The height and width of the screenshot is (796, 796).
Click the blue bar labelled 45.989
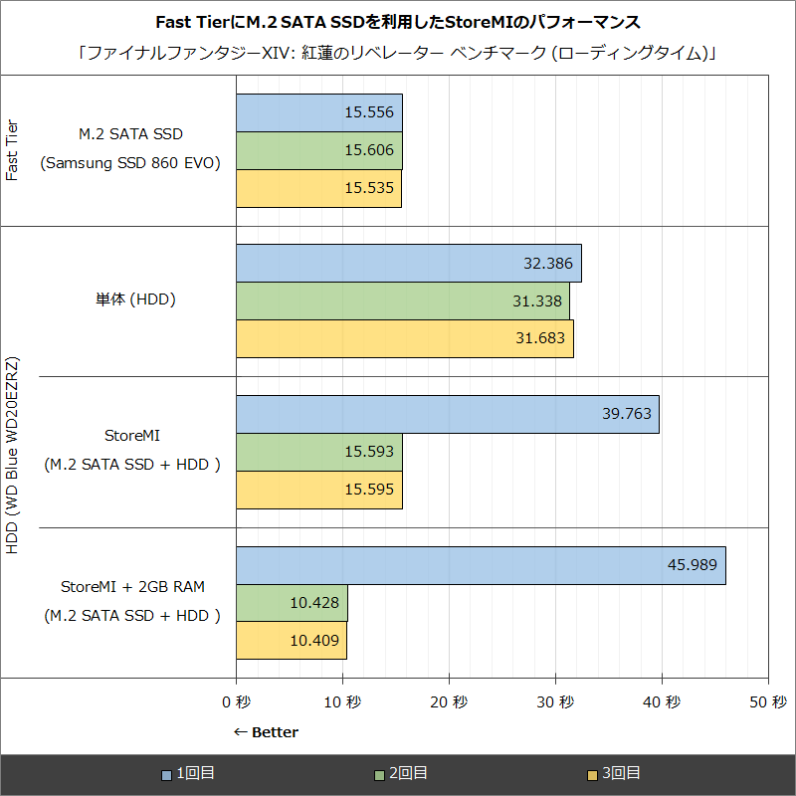(481, 565)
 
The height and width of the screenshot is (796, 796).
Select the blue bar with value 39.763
(448, 414)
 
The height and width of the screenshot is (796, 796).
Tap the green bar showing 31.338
(403, 301)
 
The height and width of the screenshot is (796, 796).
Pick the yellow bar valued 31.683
(405, 338)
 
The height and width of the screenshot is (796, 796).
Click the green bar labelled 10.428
(292, 603)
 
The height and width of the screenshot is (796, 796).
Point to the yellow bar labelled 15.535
(318, 188)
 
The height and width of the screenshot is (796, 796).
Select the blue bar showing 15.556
(318, 113)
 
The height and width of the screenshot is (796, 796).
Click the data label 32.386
(547, 264)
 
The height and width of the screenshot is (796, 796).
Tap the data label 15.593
(368, 452)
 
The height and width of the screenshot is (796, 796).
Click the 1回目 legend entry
(189, 773)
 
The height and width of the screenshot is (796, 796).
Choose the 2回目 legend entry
(402, 773)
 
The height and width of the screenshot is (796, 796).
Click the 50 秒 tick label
(767, 702)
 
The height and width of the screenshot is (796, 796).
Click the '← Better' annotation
(266, 732)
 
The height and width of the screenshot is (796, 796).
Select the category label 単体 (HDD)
(130, 298)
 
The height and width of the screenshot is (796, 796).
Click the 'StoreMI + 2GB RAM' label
(132, 585)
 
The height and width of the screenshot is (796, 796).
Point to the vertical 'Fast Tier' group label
(13, 149)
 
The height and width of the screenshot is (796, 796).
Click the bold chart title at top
(398, 22)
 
